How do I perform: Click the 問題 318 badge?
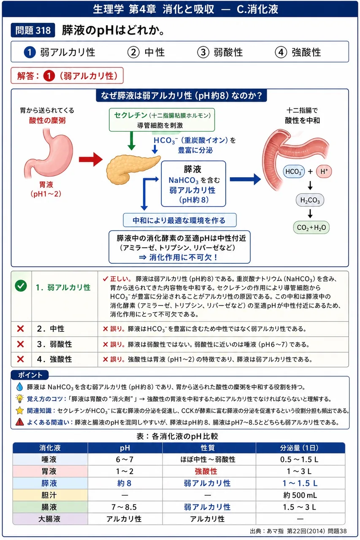click(x=33, y=30)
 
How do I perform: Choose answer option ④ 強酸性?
click(x=298, y=52)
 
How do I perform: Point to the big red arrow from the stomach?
click(x=91, y=159)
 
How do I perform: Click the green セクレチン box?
click(x=162, y=120)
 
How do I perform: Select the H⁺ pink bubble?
click(x=324, y=171)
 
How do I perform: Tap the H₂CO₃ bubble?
click(x=310, y=200)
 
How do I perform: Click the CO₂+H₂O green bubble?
click(x=311, y=227)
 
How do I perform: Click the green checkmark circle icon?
click(x=21, y=286)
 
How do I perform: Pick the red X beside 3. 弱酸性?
click(x=21, y=344)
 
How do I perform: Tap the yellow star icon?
click(x=19, y=410)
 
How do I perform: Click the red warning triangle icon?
click(x=19, y=422)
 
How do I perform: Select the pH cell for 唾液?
click(x=125, y=459)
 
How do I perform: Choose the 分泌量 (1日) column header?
click(x=300, y=448)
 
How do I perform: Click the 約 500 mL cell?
click(x=300, y=495)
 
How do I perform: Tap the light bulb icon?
click(x=19, y=399)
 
